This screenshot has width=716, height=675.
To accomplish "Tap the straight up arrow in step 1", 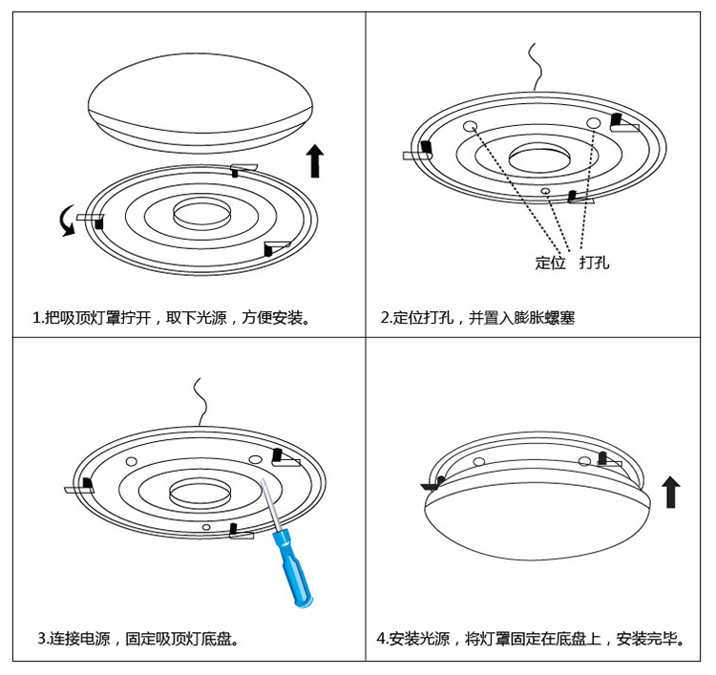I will coord(315,161).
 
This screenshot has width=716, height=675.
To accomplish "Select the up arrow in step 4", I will coord(671,493).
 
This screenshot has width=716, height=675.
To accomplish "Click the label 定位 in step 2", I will coord(551,263).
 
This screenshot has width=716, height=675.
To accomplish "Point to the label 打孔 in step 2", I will coord(594,263).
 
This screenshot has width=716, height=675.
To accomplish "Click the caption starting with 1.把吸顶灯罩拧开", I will coord(172,318).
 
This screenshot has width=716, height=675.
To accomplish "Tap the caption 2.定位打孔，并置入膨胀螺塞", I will coord(477,318).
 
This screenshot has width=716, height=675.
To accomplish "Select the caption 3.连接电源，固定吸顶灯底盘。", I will coord(137,638).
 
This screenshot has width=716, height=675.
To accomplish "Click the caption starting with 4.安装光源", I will coord(531,638).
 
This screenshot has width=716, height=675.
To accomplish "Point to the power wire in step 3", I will coord(200,401).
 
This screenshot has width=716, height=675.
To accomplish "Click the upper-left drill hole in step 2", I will coord(471,127).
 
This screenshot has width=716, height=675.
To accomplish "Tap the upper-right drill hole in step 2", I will coord(593,121).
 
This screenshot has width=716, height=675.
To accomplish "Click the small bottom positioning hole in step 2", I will coord(545,191).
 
